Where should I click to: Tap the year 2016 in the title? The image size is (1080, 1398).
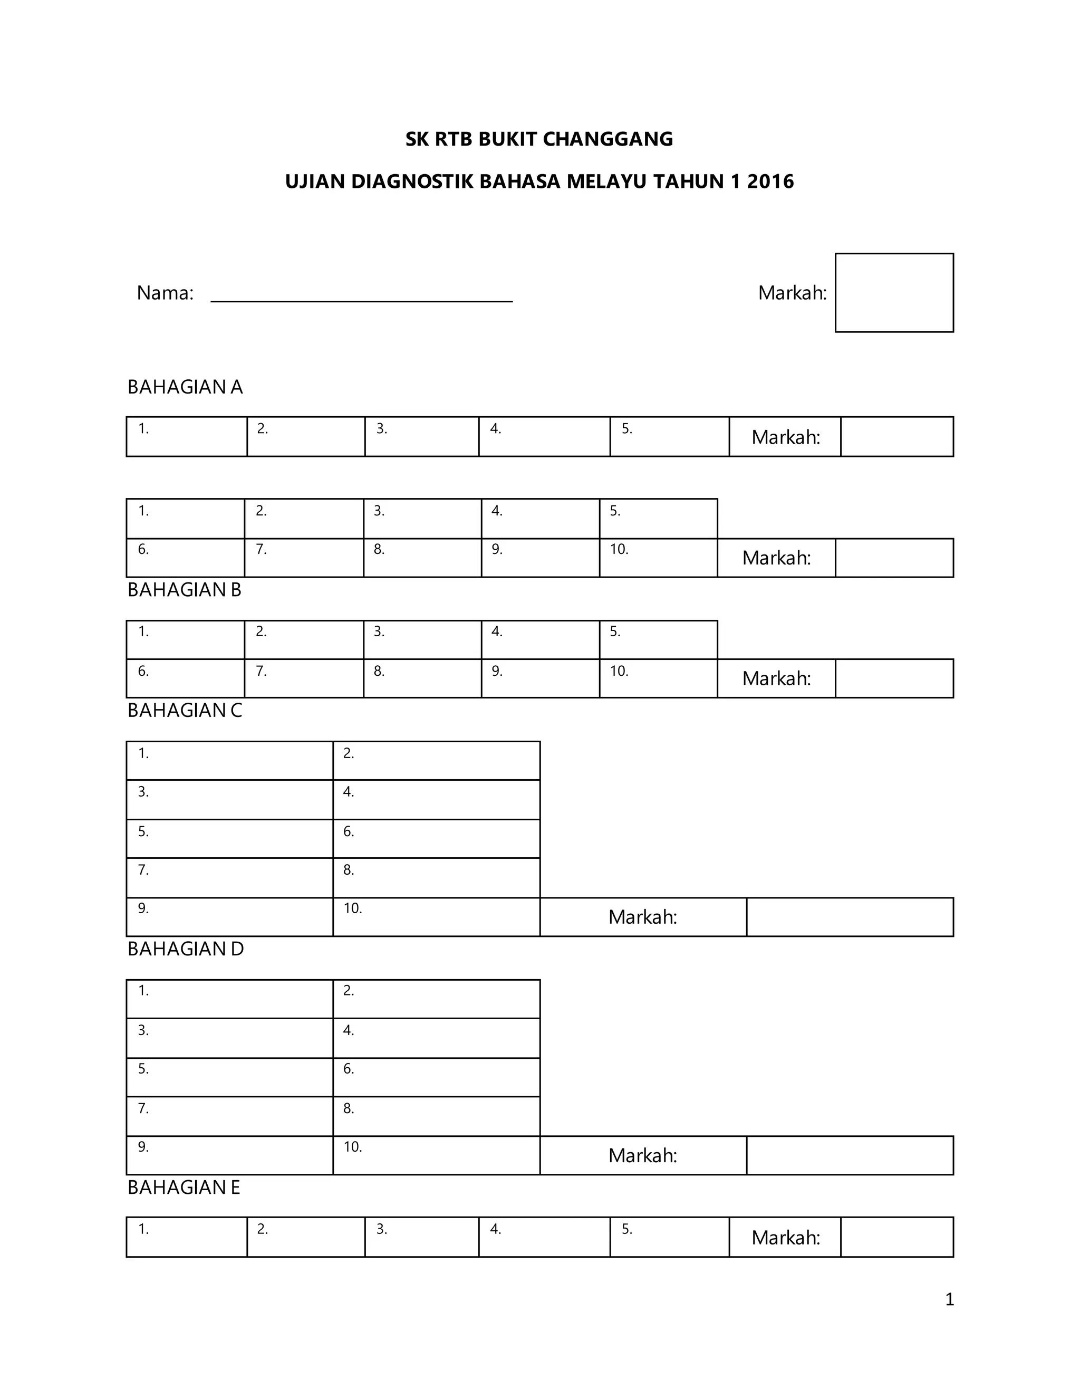(770, 182)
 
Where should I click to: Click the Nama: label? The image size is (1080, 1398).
(165, 293)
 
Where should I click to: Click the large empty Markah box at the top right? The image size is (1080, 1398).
(894, 293)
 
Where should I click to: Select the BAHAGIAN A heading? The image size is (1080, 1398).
(185, 387)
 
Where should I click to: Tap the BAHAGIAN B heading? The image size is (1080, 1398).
(184, 590)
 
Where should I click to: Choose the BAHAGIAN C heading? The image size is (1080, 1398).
(184, 711)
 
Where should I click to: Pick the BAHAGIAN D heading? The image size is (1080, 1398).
(186, 949)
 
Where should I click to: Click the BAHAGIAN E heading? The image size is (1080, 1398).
(184, 1188)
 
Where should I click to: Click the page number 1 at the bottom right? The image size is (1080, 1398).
(949, 1299)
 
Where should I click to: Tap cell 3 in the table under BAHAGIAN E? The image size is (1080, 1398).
(422, 1237)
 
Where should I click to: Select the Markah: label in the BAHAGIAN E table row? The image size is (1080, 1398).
(785, 1237)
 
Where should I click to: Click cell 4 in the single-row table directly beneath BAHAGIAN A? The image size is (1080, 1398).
(544, 437)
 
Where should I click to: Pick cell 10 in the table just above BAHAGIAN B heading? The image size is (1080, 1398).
(658, 558)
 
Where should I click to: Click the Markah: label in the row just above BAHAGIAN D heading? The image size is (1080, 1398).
(642, 917)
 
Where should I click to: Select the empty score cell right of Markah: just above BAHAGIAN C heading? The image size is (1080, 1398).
(894, 678)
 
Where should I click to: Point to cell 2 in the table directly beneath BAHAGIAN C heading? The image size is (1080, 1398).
(436, 760)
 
